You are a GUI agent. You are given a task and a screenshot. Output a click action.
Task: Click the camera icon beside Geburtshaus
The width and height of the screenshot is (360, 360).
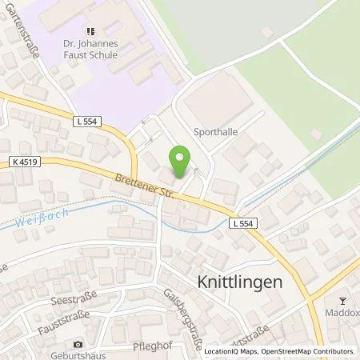point(77,344)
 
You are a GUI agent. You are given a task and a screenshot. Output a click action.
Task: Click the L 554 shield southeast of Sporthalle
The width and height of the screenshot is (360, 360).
point(244,223)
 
